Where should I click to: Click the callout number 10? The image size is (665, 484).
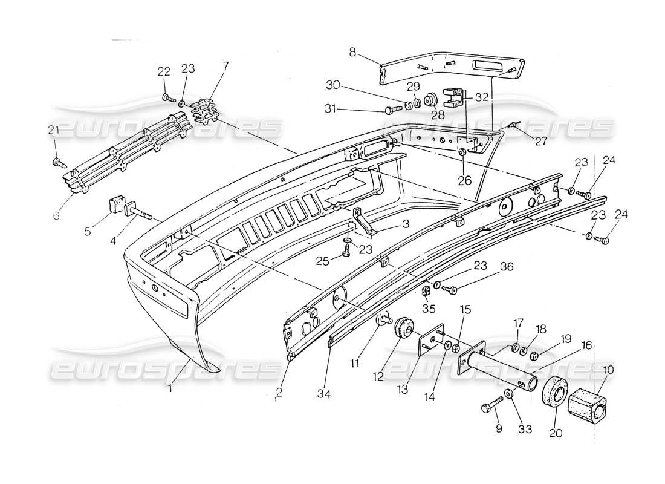608,369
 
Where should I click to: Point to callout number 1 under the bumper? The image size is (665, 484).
170,388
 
